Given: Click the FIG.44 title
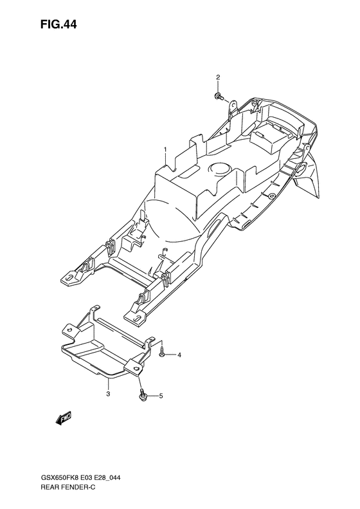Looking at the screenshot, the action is (59, 24).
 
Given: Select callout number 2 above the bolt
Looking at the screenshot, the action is (218, 77).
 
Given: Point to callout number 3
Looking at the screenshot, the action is (109, 394).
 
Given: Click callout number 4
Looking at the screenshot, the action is (179, 355).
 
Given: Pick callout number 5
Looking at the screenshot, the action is (161, 396).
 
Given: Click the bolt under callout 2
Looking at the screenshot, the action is (219, 96).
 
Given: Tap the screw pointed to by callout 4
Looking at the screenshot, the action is (162, 353).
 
